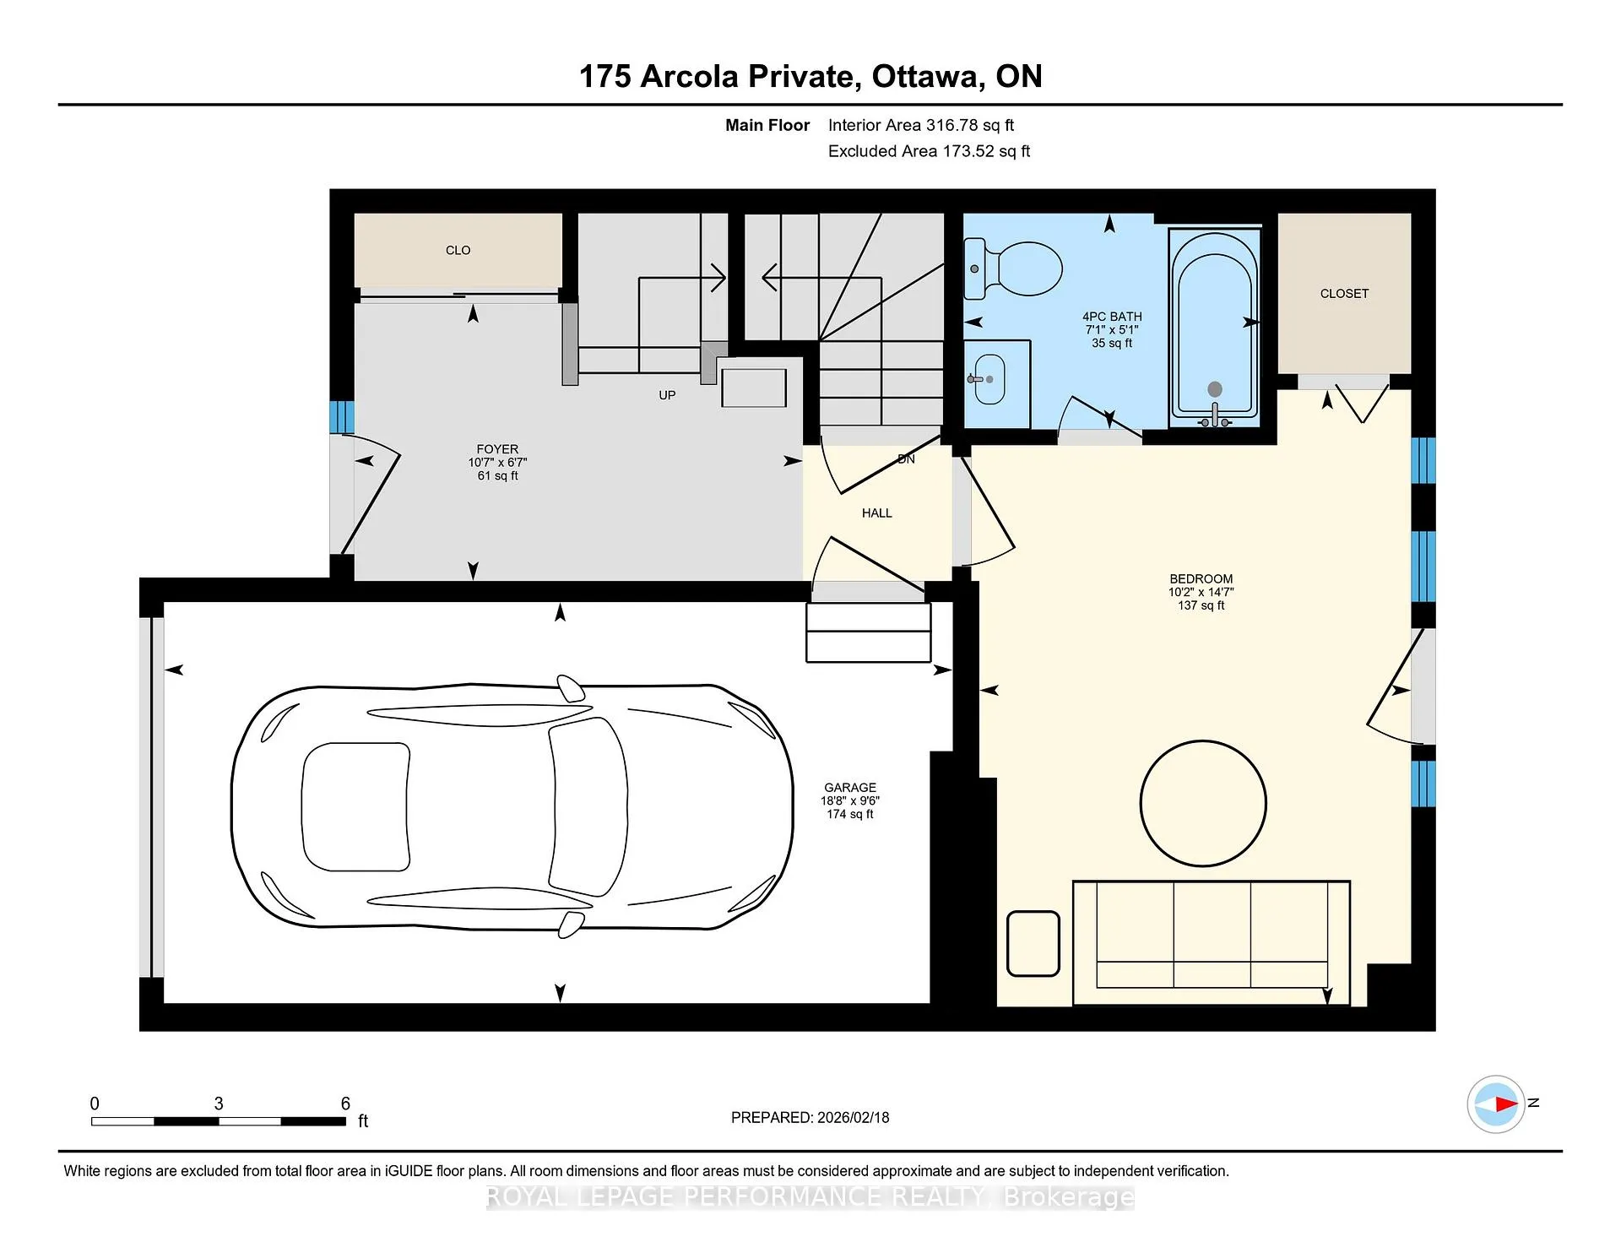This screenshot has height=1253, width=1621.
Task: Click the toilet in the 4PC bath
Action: [x=1013, y=268]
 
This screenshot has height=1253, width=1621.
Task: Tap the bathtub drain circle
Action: [x=1215, y=389]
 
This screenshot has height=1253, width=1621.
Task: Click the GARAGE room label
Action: [x=850, y=787]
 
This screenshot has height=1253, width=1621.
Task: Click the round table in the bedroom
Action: [x=1203, y=803]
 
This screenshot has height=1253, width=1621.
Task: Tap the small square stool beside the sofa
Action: [x=1033, y=943]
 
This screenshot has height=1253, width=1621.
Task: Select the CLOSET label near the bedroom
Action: [x=1344, y=294]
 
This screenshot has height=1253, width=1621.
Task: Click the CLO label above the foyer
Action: [x=458, y=250]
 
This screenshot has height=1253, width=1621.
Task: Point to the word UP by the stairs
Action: [x=667, y=395]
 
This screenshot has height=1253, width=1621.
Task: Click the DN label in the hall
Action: [x=906, y=459]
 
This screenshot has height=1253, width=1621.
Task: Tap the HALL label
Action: [x=877, y=513]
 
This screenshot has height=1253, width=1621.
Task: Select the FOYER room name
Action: [x=497, y=449]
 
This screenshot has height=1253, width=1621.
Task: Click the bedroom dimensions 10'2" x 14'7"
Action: [x=1201, y=592]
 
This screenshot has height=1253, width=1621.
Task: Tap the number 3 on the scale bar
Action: [x=219, y=1104]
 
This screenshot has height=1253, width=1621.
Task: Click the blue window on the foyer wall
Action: [x=341, y=417]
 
